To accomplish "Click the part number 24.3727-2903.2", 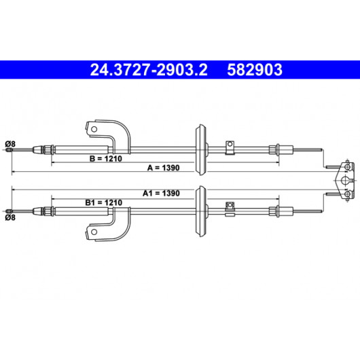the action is coord(149,70).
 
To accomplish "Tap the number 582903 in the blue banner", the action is coord(255,70).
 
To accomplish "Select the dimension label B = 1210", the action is coord(105,158).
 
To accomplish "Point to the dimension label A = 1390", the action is coord(163,168).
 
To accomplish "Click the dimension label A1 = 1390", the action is coord(161,193).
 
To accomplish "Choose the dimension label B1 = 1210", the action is coord(103,202).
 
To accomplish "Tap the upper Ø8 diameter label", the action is coord(10,144).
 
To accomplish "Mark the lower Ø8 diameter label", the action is coord(10,217).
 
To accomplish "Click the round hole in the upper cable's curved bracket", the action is coord(94,129).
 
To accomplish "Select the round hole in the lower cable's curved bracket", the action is coord(94,232).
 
